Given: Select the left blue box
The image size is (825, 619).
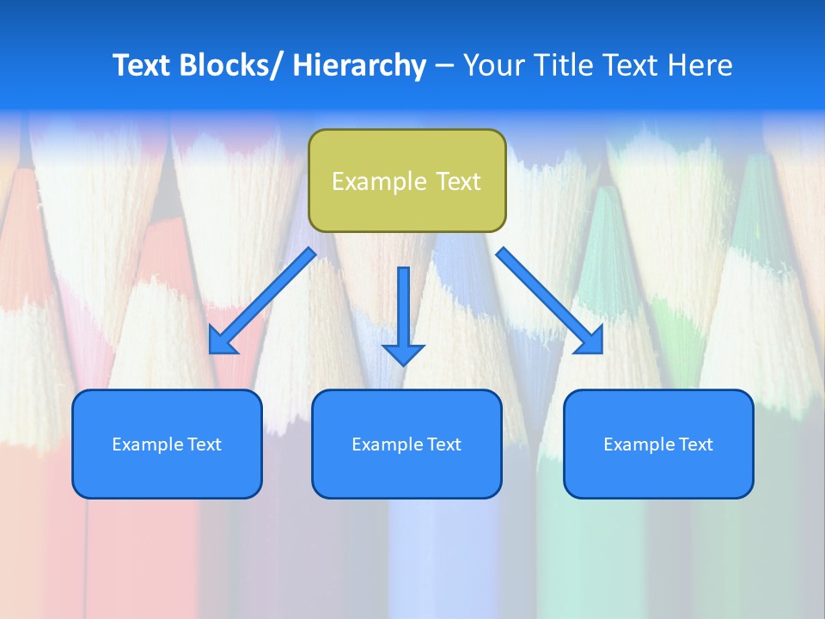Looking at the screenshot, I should click(167, 444).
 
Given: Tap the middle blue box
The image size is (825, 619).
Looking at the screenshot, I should click(406, 444).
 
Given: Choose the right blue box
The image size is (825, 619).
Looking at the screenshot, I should click(658, 444).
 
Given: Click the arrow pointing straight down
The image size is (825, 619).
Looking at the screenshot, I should click(404, 314).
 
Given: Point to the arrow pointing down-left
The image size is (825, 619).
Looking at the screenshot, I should click(262, 301).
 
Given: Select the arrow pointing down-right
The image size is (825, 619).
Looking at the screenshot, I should click(550, 301).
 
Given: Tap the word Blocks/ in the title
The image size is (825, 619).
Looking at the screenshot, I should click(230, 65).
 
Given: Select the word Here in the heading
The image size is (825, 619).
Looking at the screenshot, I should click(697, 65).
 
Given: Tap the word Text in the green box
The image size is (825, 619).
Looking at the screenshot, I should click(458, 181).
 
